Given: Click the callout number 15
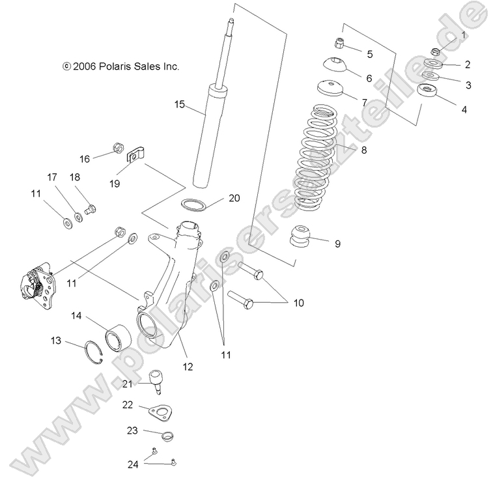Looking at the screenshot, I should tap(180, 104).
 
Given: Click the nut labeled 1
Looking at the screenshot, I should tap(436, 51).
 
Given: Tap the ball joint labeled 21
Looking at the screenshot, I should tap(157, 380).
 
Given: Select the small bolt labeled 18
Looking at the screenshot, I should tap(92, 210).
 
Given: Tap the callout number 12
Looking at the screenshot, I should tap(188, 367).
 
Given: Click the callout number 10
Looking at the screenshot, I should tap(298, 303).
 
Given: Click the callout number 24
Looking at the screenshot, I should tap(133, 464).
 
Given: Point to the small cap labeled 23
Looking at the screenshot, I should tap(167, 436).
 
